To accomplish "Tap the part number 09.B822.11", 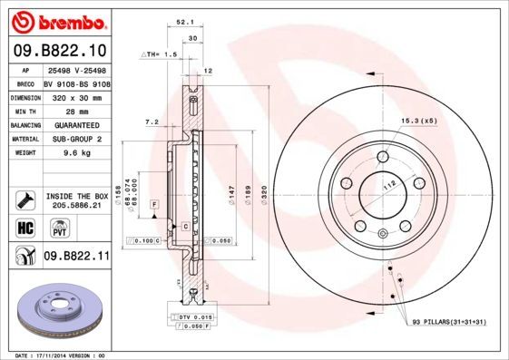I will tap(76, 257).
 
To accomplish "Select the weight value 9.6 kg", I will tap(64, 153).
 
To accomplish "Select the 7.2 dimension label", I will tap(152, 121).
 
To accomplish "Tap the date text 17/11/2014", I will tap(56, 355).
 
